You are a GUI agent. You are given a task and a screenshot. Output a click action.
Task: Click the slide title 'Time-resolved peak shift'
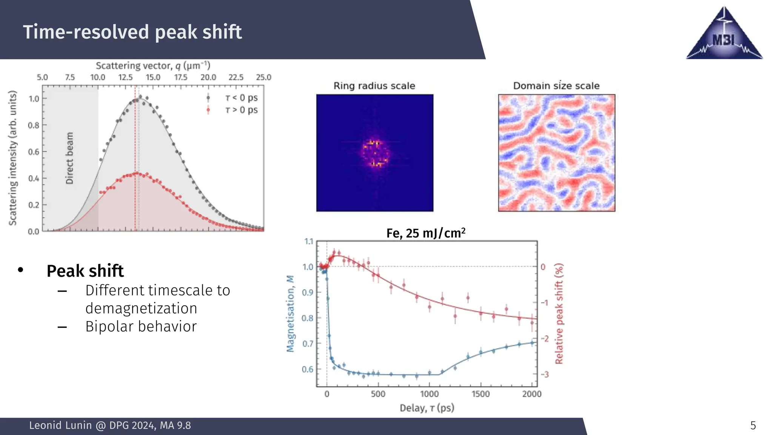(x=132, y=32)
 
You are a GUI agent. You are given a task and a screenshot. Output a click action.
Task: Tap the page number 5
(x=753, y=426)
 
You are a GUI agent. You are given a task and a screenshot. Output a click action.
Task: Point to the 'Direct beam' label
(x=69, y=158)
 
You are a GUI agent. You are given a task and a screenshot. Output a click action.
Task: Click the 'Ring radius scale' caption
(x=374, y=86)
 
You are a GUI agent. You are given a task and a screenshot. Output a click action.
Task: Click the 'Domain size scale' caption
(x=556, y=86)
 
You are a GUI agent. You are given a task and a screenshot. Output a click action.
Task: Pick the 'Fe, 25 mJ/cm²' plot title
(x=425, y=233)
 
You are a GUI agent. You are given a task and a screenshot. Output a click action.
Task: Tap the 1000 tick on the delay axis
(x=430, y=394)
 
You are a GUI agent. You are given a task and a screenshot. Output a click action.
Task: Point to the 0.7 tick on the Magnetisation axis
(x=308, y=344)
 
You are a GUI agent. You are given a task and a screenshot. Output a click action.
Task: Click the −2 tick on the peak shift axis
(x=545, y=338)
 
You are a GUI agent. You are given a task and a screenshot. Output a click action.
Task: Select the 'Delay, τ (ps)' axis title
(x=427, y=408)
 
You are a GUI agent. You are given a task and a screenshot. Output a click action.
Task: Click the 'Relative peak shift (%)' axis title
(x=559, y=313)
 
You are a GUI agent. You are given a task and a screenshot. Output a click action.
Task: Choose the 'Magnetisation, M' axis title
(x=290, y=313)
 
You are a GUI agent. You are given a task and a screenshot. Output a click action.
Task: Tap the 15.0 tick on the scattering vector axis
(x=153, y=77)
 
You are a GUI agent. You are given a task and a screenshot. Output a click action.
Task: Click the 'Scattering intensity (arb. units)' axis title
(x=13, y=158)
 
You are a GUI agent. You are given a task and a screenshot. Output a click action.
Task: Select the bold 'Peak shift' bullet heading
(x=85, y=271)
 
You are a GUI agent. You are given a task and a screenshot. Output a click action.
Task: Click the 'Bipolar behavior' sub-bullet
(x=141, y=327)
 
